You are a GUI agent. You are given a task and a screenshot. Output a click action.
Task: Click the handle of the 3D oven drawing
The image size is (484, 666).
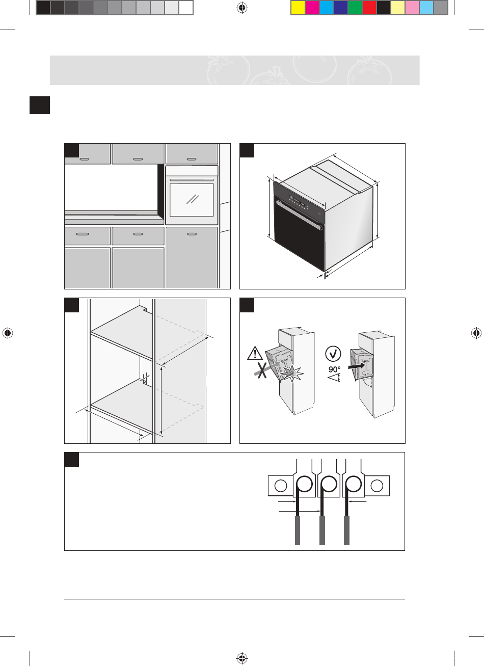click(300, 214)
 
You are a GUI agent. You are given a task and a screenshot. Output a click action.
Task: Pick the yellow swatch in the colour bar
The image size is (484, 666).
click(298, 7)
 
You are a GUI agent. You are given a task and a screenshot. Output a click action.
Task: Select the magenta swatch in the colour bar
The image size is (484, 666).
click(312, 7)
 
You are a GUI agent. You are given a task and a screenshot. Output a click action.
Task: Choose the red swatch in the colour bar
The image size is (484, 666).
click(369, 7)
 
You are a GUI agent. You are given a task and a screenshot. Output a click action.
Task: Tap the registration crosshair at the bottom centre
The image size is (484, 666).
click(242, 658)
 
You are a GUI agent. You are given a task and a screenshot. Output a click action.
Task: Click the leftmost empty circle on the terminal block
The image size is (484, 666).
click(281, 486)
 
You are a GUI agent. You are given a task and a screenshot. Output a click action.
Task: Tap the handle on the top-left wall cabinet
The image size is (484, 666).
click(85, 159)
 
